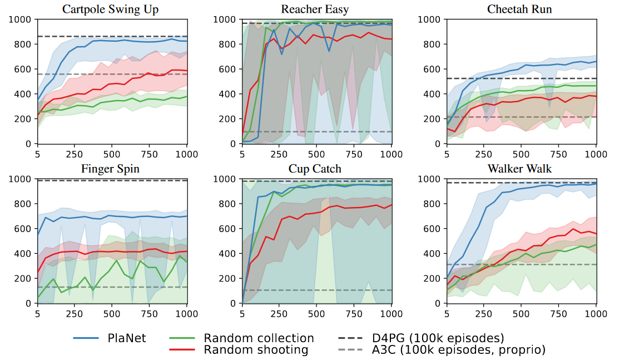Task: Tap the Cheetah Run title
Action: click(x=519, y=9)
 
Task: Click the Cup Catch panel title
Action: click(x=315, y=169)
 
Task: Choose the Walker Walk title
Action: click(x=519, y=169)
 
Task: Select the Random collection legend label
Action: click(x=259, y=338)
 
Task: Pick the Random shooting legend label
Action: click(x=256, y=349)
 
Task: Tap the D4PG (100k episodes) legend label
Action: click(x=438, y=338)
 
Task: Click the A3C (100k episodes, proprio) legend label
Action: click(x=458, y=349)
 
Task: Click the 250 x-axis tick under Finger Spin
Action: click(x=75, y=313)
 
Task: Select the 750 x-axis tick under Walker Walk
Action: click(x=558, y=313)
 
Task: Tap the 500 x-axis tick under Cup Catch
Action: click(x=316, y=313)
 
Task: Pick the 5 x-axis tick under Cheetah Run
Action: click(x=447, y=154)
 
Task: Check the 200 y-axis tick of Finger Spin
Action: click(x=24, y=279)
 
